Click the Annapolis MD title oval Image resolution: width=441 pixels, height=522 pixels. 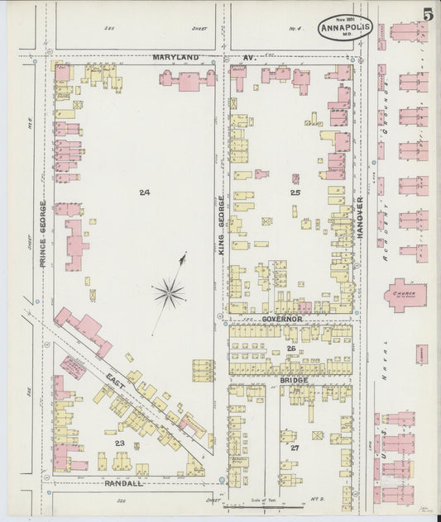pos(346,27)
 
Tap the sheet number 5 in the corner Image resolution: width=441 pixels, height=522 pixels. pos(426,15)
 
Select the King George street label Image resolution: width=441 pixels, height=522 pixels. pos(221,222)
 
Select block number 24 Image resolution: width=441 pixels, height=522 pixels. pos(145,192)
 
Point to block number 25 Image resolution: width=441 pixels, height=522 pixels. pos(295,192)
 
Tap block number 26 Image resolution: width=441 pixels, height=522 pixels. pos(291,349)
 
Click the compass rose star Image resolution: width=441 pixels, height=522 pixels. pos(169,292)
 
